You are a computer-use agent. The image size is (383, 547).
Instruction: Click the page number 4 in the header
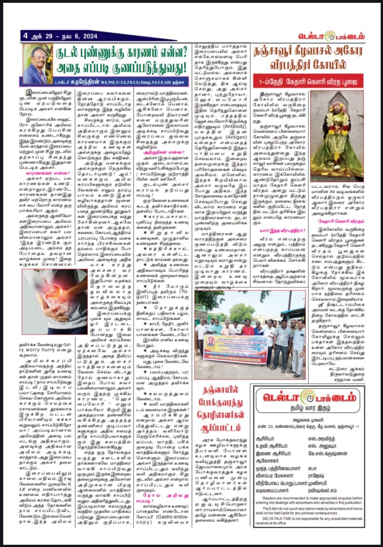tap(26, 36)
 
